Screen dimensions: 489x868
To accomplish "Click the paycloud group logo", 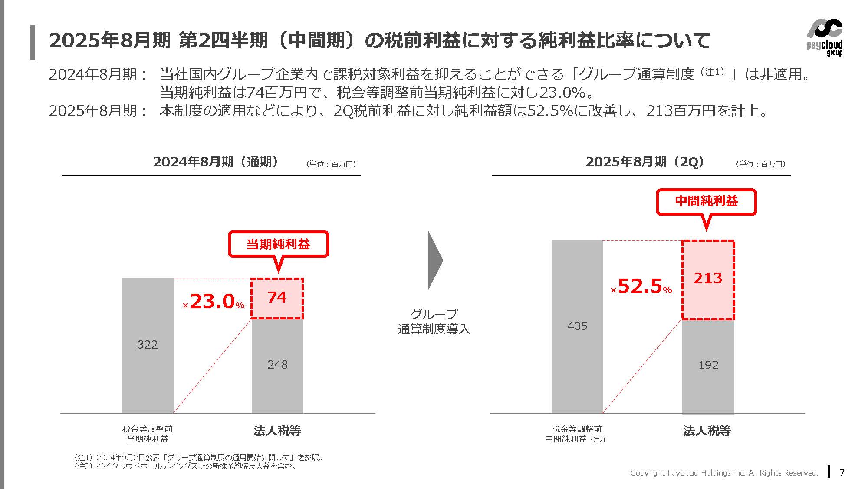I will click(824, 38).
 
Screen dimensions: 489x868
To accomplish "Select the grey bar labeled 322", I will click(147, 346).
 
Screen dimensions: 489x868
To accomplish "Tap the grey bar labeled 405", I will click(577, 326).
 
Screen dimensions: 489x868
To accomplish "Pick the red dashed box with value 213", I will click(708, 279).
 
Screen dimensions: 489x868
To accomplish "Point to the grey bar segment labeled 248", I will click(277, 365).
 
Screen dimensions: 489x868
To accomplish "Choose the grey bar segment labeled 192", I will click(708, 366).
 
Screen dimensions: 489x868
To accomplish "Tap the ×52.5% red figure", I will click(642, 286).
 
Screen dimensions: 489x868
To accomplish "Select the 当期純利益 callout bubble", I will click(278, 244).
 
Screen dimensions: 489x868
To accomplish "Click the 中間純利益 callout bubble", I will click(706, 201).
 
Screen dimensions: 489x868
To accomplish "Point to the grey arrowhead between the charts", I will click(434, 260).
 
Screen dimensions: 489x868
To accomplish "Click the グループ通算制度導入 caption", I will click(434, 321).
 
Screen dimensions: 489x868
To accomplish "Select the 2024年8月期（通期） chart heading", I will click(216, 162).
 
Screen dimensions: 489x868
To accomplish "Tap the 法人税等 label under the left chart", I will click(277, 430).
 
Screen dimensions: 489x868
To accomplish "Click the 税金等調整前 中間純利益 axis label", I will click(575, 434).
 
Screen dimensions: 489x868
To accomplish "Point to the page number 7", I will click(842, 472).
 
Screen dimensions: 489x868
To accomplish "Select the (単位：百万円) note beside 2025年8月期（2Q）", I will click(760, 164).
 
